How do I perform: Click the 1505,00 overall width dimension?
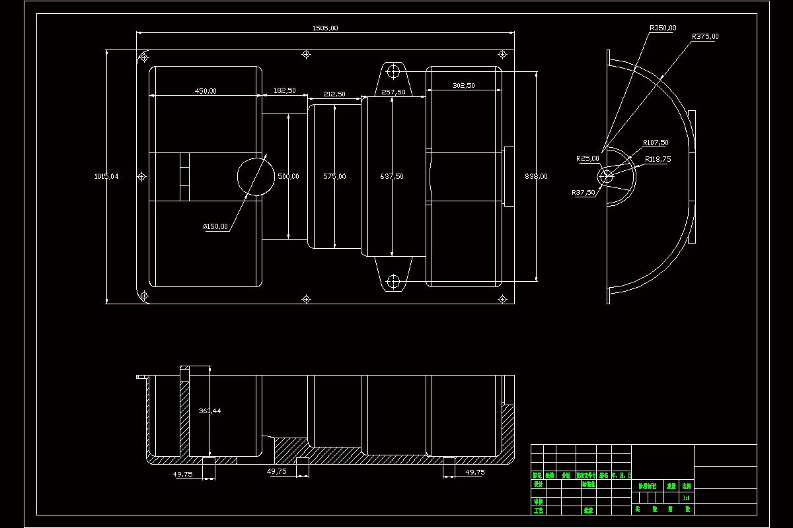[325, 28]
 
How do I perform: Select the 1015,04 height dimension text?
[106, 176]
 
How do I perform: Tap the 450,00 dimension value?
[205, 91]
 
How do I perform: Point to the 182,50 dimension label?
[284, 90]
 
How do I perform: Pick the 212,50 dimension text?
[334, 94]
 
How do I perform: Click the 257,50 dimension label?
[393, 92]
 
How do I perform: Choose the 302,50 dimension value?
[463, 86]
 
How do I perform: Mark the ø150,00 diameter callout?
[215, 226]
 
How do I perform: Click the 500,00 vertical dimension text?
[288, 176]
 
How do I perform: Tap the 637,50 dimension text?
[392, 176]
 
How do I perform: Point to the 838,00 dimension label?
[536, 176]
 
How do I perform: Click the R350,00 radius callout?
[663, 28]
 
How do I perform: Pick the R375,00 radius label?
[705, 36]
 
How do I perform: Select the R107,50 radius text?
[656, 143]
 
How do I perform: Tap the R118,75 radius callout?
[659, 159]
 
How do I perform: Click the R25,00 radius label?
[587, 158]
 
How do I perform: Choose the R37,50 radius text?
[584, 193]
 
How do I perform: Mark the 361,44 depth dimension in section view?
[209, 411]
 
